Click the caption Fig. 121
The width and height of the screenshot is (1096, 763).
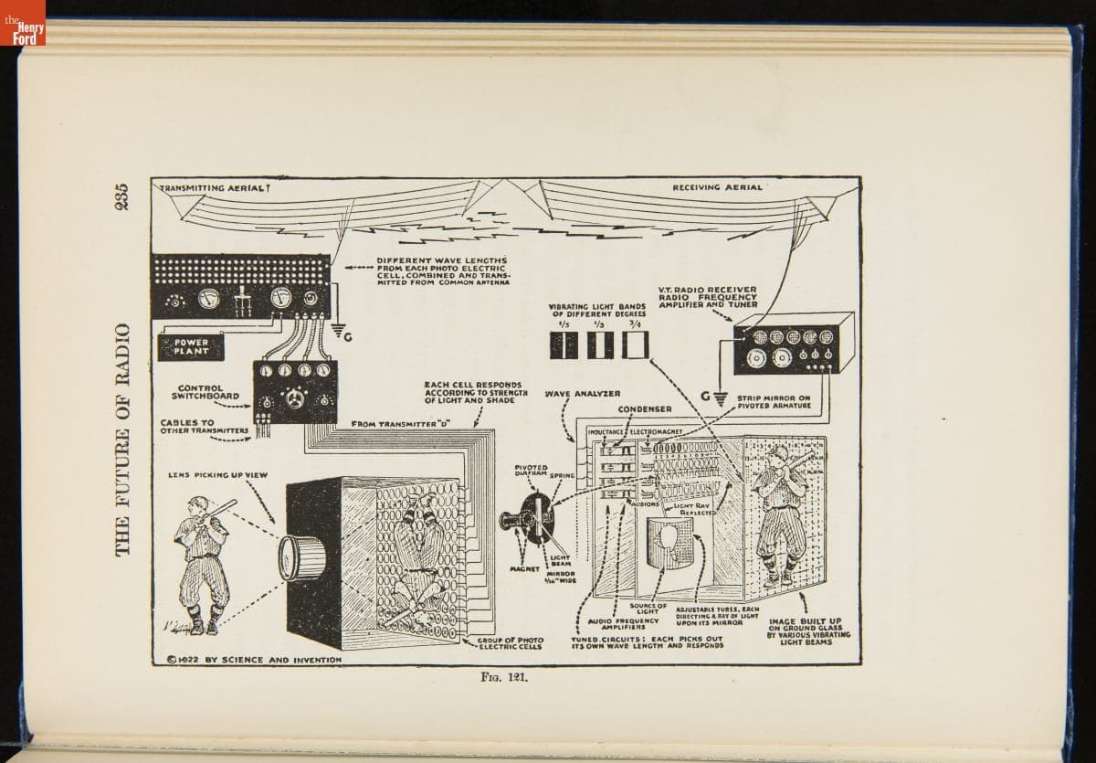pos(499,679)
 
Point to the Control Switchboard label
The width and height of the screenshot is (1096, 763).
pos(206,392)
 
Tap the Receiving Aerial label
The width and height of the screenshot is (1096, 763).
pos(717,186)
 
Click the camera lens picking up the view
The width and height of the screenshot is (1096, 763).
pos(297,557)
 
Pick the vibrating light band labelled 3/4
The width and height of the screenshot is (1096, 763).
pos(635,344)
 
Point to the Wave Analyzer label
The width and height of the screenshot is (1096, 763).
pos(582,394)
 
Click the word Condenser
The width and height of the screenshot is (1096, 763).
pos(645,408)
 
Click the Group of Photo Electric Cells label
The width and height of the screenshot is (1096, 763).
pos(512,643)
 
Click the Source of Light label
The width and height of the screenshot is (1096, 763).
pos(649,609)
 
